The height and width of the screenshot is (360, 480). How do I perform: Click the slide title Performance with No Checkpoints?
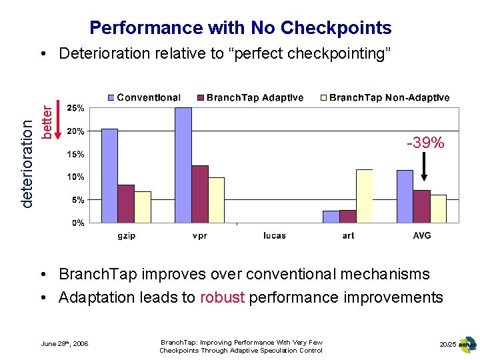240,27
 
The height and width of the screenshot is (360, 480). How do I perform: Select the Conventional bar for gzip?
109,176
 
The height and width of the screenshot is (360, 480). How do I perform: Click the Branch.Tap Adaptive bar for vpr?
200,194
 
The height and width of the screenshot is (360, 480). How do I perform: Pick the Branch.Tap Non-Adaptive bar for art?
364,196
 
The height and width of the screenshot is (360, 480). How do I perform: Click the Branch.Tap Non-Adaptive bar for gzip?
143,207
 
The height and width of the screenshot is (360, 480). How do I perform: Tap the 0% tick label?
77,223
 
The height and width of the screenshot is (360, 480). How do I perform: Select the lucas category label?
274,236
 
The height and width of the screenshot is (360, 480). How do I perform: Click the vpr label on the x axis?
199,236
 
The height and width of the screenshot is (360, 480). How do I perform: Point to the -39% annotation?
426,143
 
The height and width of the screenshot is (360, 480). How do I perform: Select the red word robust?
223,297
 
